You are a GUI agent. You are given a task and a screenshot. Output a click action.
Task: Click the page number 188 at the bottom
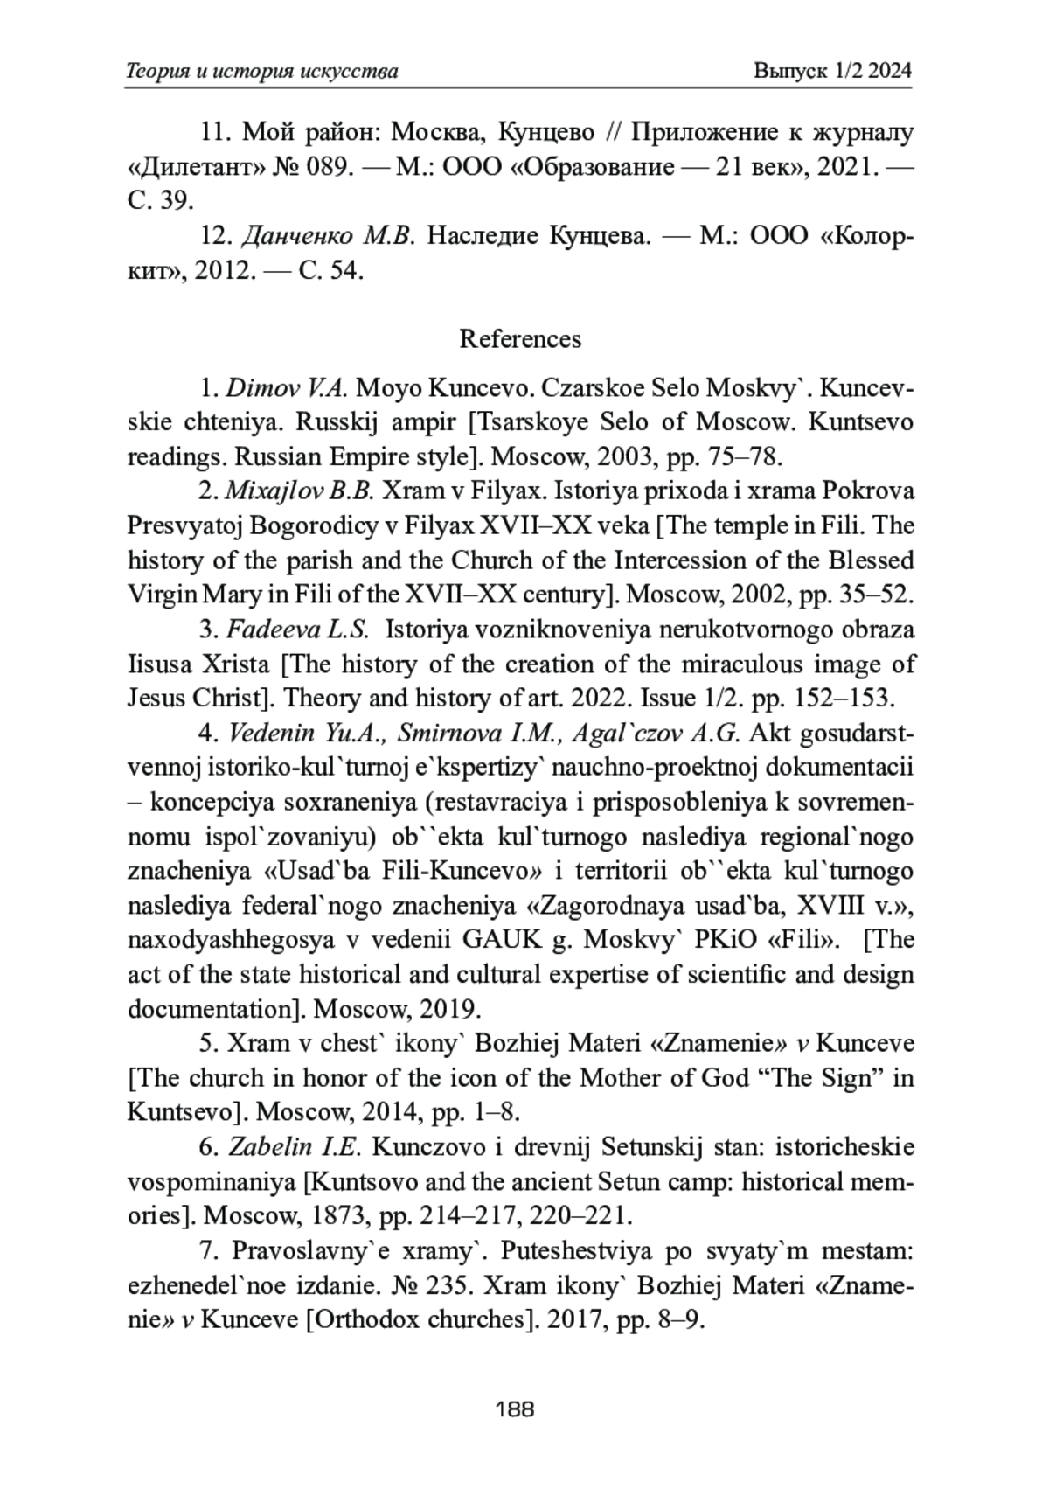tap(514, 1409)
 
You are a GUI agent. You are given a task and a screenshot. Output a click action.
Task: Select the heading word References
tap(520, 338)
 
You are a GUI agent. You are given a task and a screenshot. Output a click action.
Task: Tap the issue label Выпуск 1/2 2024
tap(832, 71)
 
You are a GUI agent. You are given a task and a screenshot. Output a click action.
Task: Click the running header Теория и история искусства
tap(262, 71)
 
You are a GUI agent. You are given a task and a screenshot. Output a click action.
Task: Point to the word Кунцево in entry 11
tap(546, 133)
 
